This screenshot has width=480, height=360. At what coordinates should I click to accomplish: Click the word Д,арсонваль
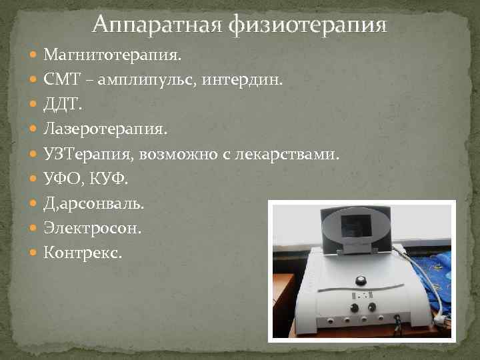point(93,204)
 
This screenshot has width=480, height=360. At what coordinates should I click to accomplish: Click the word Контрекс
point(83,253)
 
